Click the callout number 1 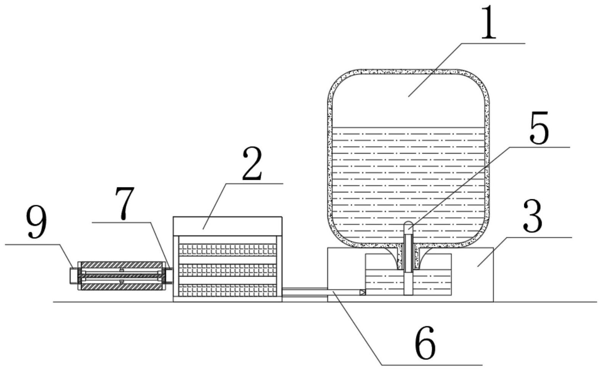coord(488,22)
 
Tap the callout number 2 coord(252,163)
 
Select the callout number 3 coord(533,216)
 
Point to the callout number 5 coord(539,128)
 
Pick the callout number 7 coord(124,203)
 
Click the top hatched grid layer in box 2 coord(227,249)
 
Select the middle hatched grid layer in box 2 coord(227,270)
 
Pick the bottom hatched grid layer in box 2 coord(227,290)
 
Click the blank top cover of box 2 coord(227,226)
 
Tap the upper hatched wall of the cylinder coord(122,265)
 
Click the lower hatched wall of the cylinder coord(122,287)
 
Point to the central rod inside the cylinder coord(122,276)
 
